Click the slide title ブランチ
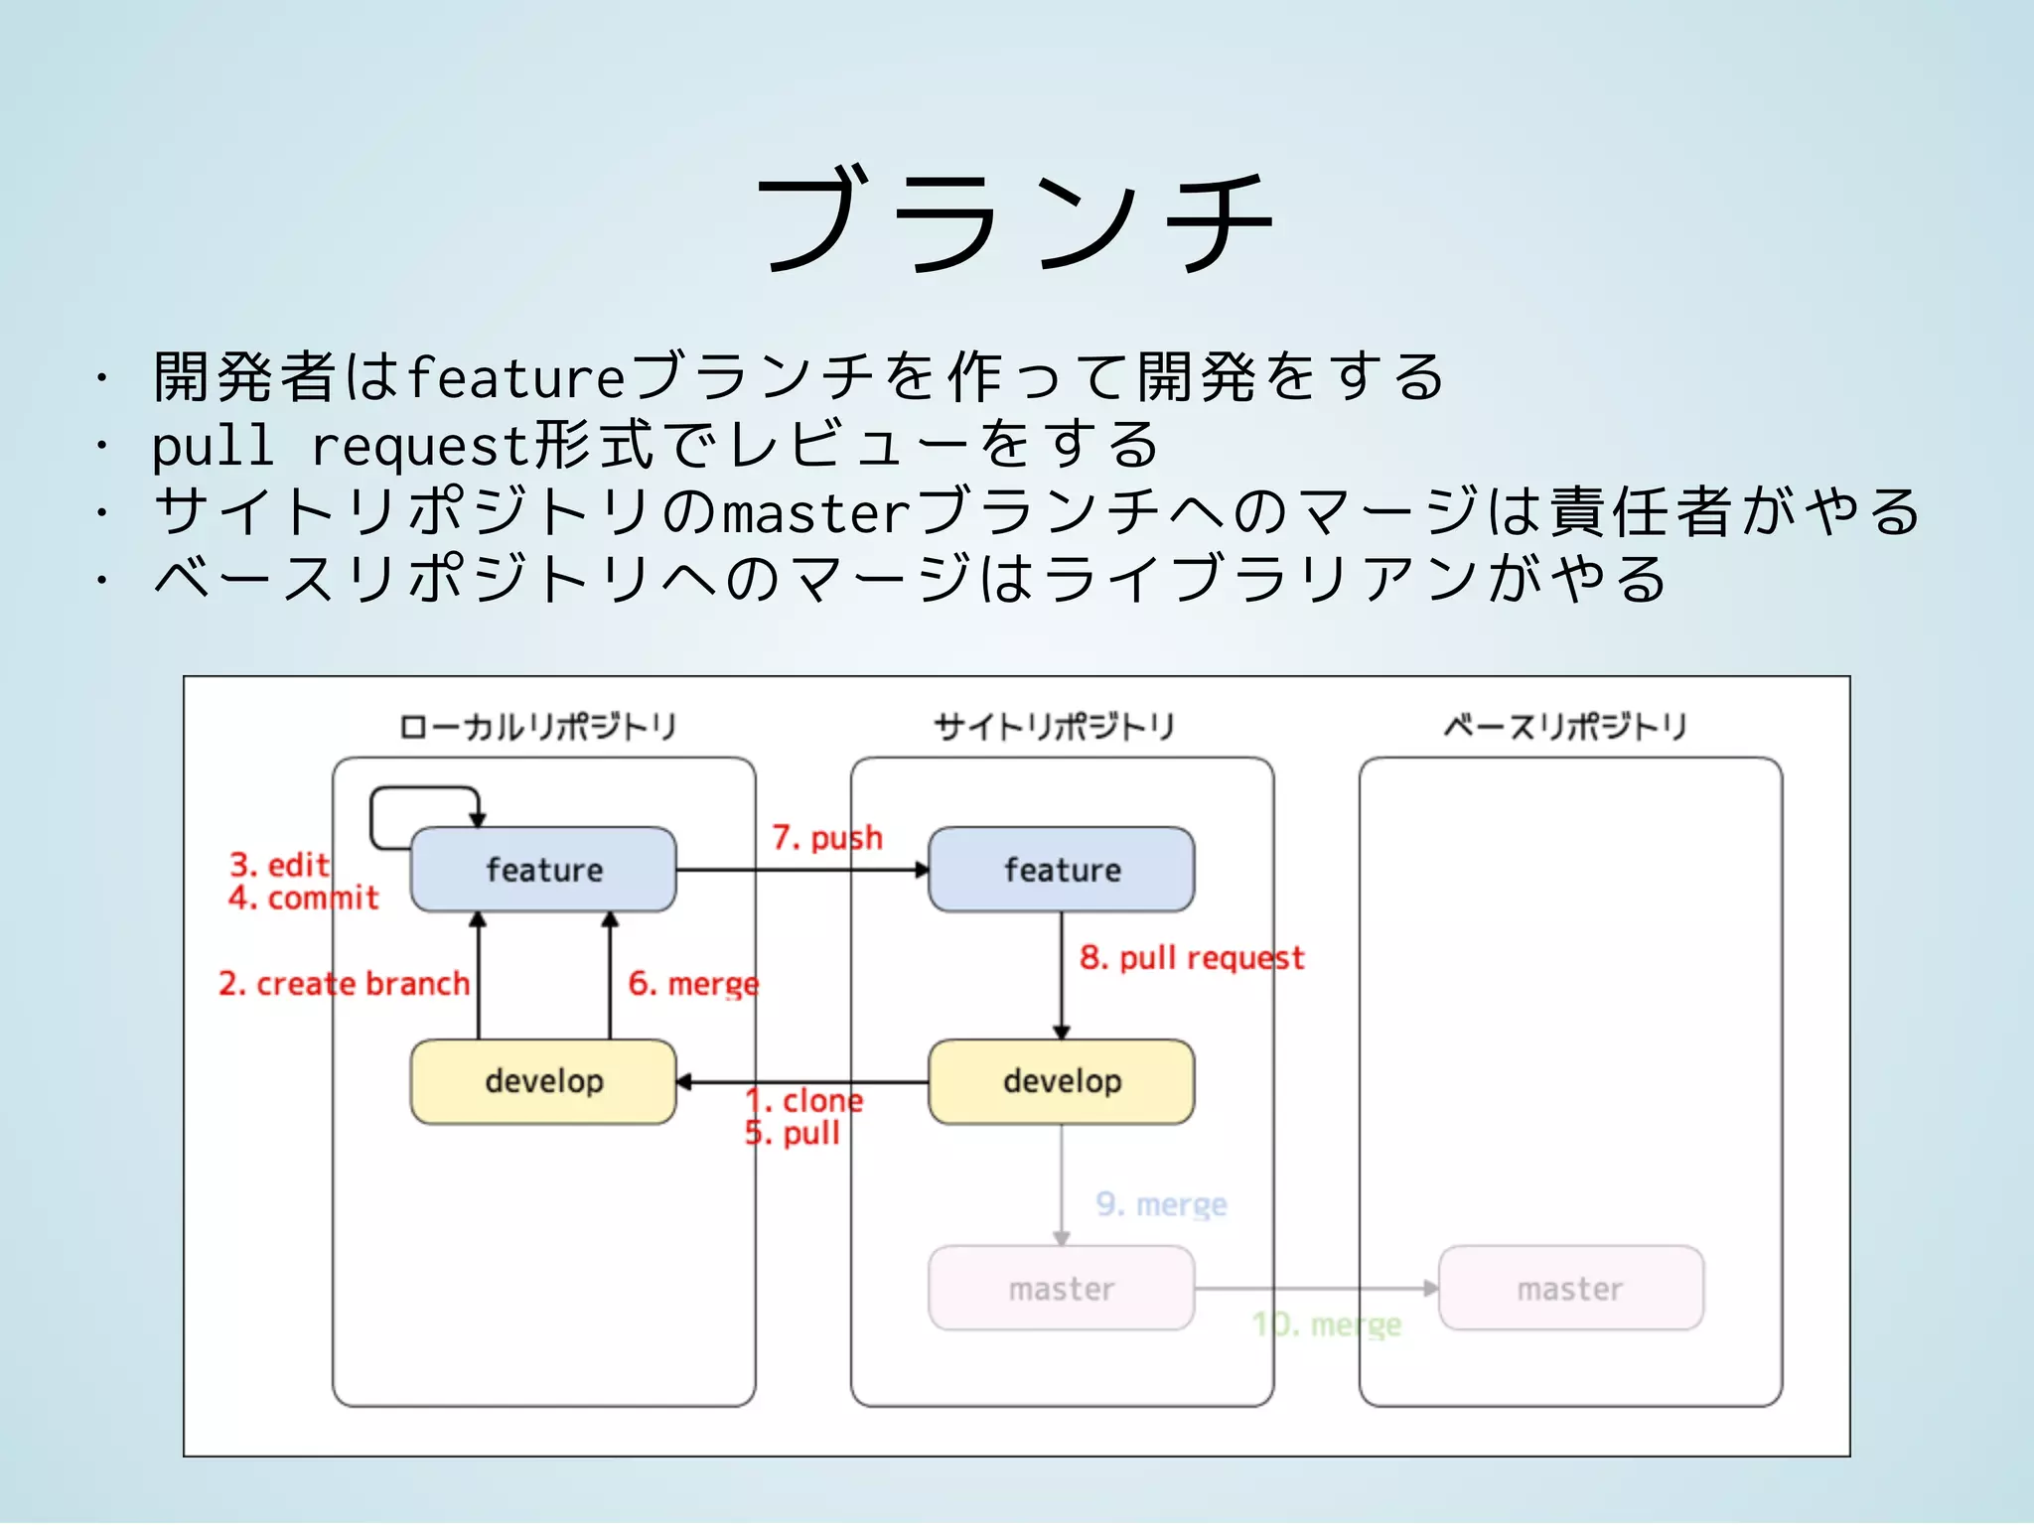(x=1015, y=220)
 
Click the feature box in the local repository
(x=543, y=870)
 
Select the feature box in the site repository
(x=1061, y=870)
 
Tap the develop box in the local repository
(x=543, y=1081)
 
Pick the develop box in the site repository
(x=1061, y=1081)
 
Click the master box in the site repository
(x=1061, y=1289)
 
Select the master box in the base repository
(x=1570, y=1289)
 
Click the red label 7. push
(x=826, y=838)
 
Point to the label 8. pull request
(x=1191, y=958)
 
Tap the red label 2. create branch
(x=344, y=984)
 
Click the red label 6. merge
(x=693, y=984)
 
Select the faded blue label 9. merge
(x=1161, y=1204)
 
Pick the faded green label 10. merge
(x=1326, y=1324)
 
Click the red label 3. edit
(x=279, y=865)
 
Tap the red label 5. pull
(x=793, y=1133)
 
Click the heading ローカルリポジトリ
(x=537, y=727)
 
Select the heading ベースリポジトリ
(x=1565, y=727)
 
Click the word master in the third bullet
(x=815, y=513)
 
